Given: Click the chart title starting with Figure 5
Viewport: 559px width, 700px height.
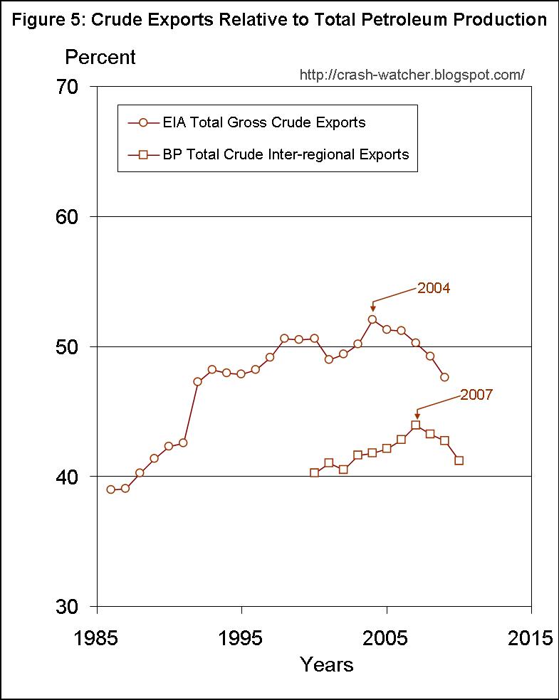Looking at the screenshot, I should pos(279,19).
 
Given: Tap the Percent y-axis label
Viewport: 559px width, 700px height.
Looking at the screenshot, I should pos(100,57).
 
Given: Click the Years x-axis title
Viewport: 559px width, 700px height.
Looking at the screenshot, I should pos(327,664).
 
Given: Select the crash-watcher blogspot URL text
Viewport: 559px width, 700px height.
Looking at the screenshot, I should pos(412,75).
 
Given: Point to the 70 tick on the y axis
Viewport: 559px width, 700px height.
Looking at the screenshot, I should pos(72,87).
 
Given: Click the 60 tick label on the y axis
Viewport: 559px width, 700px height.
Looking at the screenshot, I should pos(72,217).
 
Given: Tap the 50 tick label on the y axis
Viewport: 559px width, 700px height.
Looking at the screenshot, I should pos(72,347).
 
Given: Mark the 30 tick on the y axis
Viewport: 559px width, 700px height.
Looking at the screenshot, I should pos(72,607).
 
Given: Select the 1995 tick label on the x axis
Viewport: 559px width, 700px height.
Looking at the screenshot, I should pos(241,637).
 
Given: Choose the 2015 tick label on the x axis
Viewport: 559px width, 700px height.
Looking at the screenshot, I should pos(531,637).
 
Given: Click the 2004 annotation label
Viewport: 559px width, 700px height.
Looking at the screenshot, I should pos(434,288).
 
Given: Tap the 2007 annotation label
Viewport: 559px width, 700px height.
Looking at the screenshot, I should pos(476,395).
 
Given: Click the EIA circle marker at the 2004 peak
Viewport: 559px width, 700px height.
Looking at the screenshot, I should pos(372,319).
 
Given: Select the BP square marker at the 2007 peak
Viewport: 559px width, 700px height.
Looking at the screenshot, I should pos(416,425).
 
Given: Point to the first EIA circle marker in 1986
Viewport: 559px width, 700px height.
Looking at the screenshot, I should pos(111,489).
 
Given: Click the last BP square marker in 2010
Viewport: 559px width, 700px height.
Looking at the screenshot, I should pos(459,460).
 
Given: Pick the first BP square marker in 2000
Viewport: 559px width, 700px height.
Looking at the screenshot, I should pos(314,472).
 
